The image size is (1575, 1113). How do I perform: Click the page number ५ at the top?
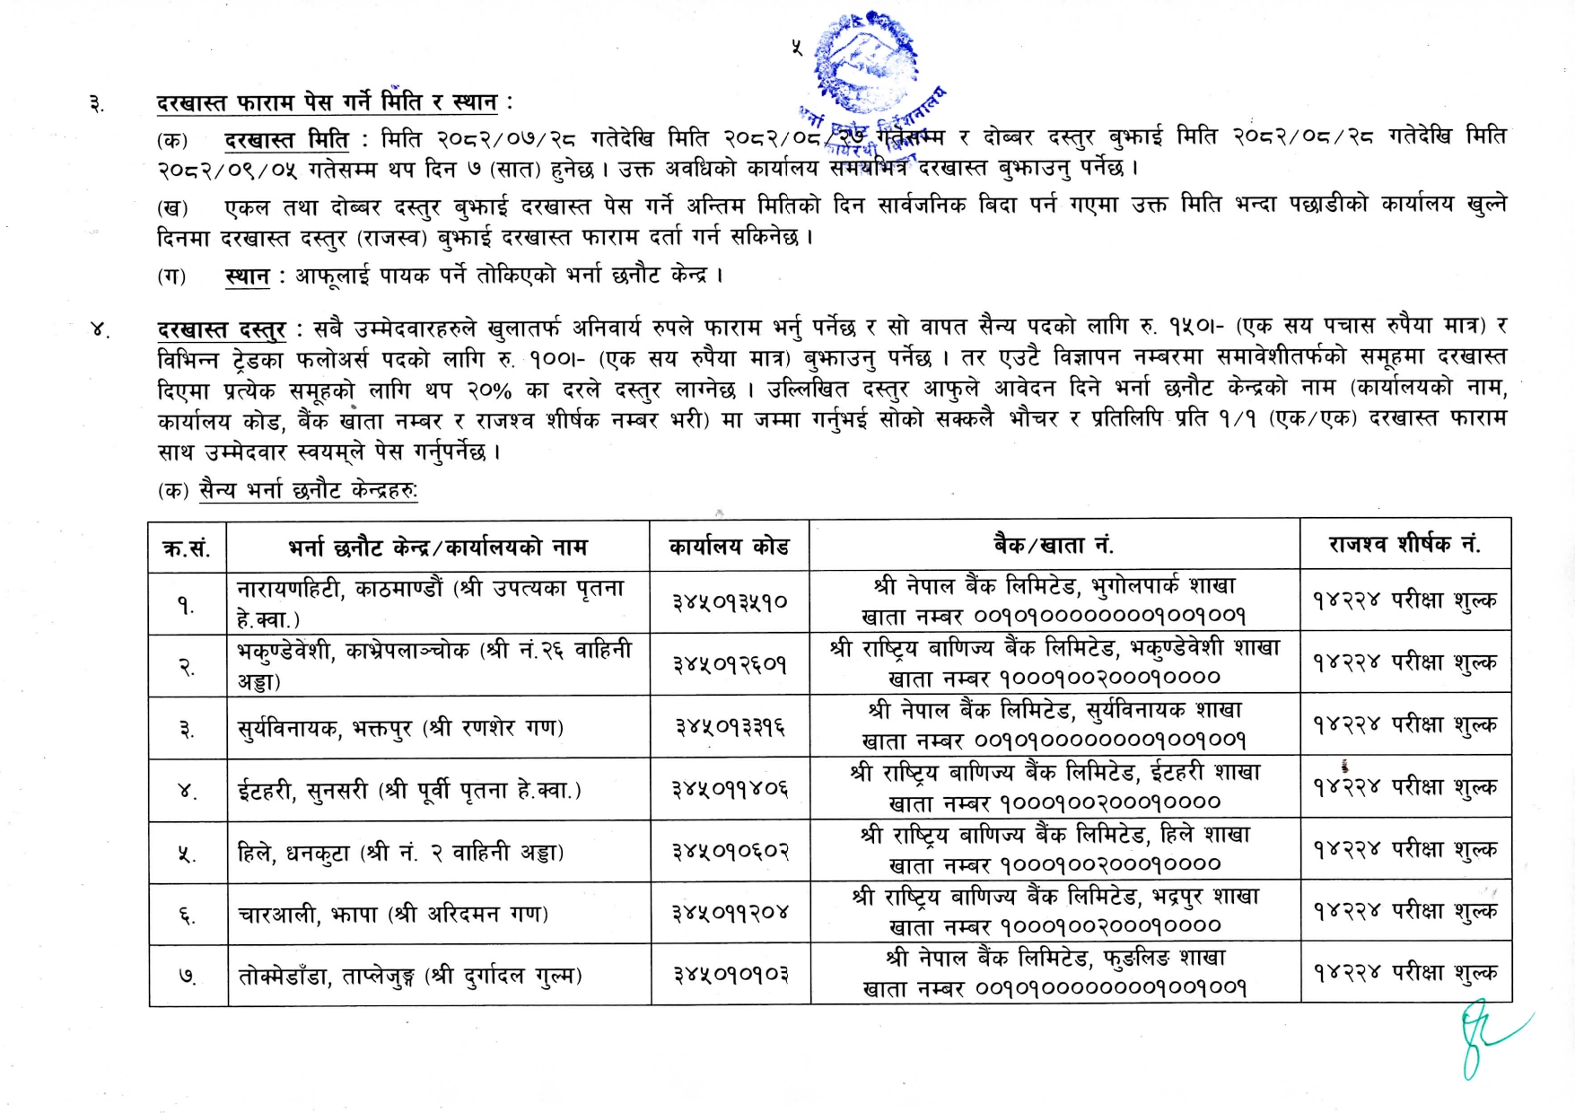[x=796, y=47]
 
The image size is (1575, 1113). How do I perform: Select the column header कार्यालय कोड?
[x=729, y=546]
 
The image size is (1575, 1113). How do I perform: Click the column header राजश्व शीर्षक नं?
[x=1404, y=544]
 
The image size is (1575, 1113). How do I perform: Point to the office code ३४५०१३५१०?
[x=730, y=602]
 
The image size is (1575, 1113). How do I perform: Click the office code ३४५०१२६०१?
[x=730, y=664]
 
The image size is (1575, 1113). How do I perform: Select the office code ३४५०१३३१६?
[x=730, y=726]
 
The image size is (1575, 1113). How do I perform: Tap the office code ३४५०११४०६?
[x=730, y=789]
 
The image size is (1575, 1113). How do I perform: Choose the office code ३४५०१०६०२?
[x=730, y=851]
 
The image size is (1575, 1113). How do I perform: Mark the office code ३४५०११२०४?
[x=730, y=913]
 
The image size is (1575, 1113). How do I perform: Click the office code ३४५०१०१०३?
[x=730, y=975]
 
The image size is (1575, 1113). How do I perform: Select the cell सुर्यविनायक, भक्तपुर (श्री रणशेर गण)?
[x=400, y=727]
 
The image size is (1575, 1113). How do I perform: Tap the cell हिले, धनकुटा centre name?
[x=400, y=852]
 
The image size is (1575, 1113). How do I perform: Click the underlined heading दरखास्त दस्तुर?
[x=221, y=329]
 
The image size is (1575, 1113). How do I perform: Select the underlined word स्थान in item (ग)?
[x=247, y=276]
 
